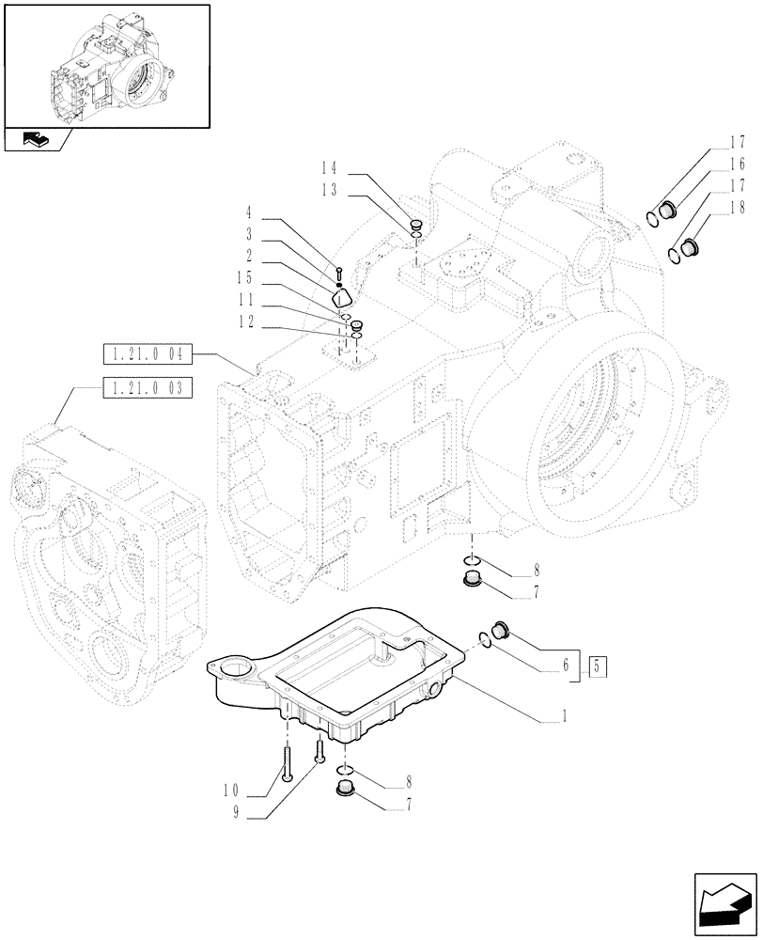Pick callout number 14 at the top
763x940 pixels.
[328, 170]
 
